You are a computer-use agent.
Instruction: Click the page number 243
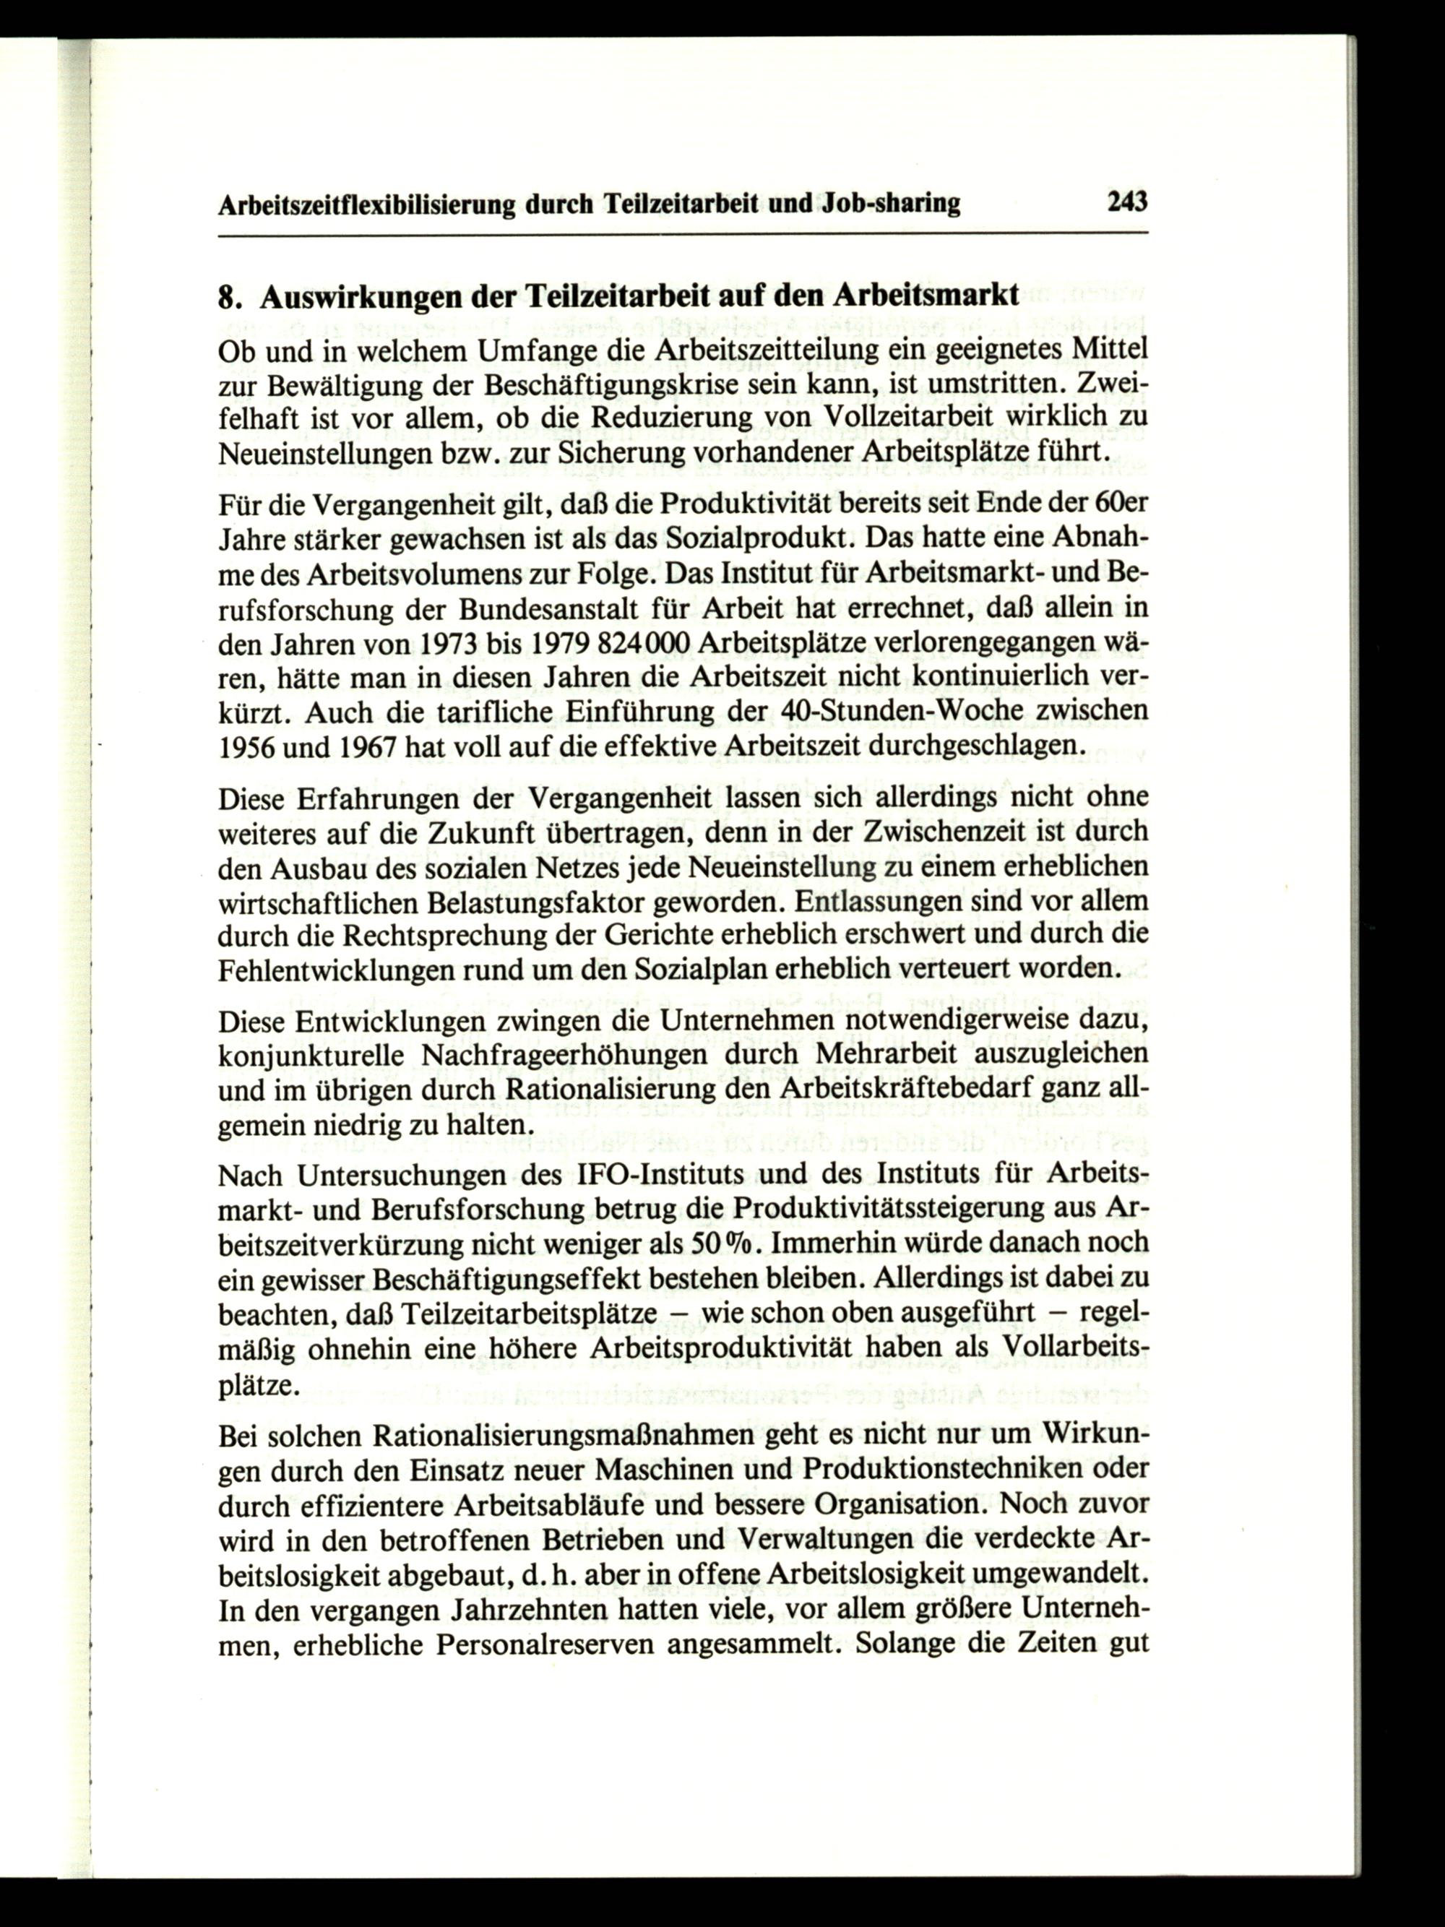[1127, 203]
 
